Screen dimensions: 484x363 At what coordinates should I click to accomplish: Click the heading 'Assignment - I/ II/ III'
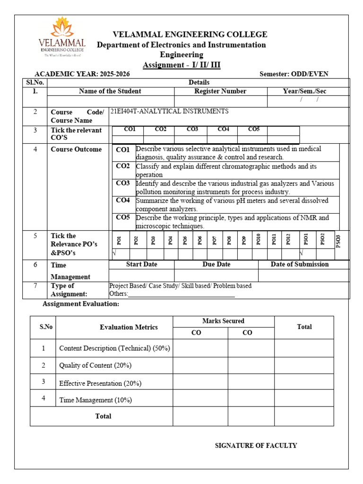click(x=181, y=65)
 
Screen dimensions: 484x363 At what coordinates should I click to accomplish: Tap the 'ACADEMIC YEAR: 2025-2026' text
click(x=82, y=74)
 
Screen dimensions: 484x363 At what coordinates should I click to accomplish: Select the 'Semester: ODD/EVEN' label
click(x=294, y=74)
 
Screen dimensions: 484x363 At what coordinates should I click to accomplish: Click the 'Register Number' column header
click(x=220, y=91)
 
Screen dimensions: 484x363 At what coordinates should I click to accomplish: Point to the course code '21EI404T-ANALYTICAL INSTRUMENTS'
click(x=169, y=112)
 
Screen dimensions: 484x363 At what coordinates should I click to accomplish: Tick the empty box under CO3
click(x=192, y=139)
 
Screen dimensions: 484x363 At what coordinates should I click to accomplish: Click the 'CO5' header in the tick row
click(x=254, y=130)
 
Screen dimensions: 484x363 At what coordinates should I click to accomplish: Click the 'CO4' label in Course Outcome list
click(x=123, y=200)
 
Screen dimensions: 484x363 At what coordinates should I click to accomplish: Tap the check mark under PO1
click(x=114, y=254)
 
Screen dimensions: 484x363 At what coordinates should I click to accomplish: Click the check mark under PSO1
click(x=301, y=254)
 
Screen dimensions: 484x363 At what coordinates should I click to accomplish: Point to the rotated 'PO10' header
click(x=259, y=240)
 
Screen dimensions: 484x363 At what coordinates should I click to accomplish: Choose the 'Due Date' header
click(x=216, y=264)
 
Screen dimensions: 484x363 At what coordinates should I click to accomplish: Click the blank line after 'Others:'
click(x=181, y=294)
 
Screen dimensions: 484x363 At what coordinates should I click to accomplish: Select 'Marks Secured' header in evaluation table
click(x=223, y=321)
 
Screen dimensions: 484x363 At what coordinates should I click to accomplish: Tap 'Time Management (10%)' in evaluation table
click(x=95, y=400)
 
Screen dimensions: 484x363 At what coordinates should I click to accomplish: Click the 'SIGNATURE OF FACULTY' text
click(x=256, y=445)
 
